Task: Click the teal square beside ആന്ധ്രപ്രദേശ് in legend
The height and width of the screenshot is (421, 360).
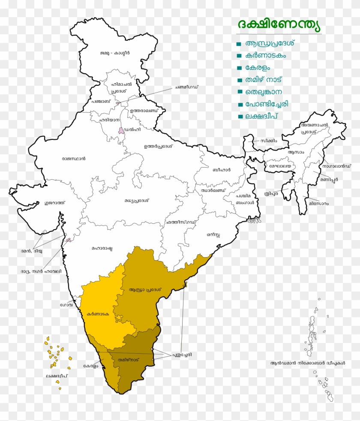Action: (x=238, y=44)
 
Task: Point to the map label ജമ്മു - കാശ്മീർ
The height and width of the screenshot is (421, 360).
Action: (x=114, y=53)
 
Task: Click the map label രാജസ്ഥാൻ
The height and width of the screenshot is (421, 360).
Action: (x=73, y=158)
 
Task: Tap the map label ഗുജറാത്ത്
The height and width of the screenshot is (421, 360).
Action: (x=54, y=201)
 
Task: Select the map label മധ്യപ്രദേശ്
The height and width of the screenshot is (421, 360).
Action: (x=136, y=201)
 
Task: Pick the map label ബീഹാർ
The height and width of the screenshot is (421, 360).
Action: (x=222, y=170)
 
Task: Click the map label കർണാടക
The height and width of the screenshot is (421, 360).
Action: (x=98, y=314)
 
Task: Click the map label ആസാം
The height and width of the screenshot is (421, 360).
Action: (x=296, y=152)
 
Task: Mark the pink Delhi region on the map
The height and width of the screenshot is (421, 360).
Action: (x=122, y=130)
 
